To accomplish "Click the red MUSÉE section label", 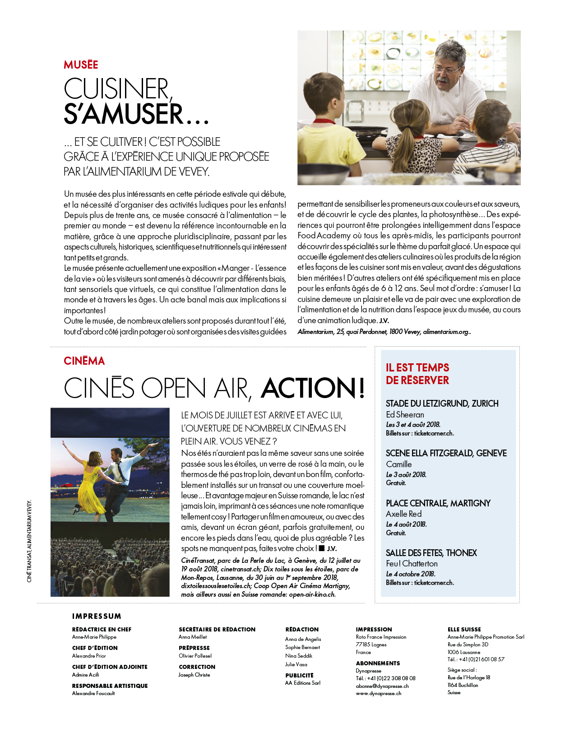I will (81, 65).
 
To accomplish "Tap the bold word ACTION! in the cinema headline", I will (313, 388).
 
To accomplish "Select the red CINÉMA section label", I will (84, 361).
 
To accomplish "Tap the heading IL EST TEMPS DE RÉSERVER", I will (417, 374).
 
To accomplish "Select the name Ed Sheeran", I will (405, 415).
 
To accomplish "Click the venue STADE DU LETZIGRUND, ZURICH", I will (442, 404).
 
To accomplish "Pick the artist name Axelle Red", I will (403, 514).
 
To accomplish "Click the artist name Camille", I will (398, 464).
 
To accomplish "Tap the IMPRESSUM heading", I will (97, 617).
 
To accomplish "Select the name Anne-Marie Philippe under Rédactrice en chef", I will (94, 637).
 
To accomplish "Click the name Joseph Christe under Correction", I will (194, 675).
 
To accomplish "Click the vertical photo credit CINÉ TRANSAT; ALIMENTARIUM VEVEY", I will (29, 541).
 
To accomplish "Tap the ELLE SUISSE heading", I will (464, 630).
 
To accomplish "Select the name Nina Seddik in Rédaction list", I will (299, 656).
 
